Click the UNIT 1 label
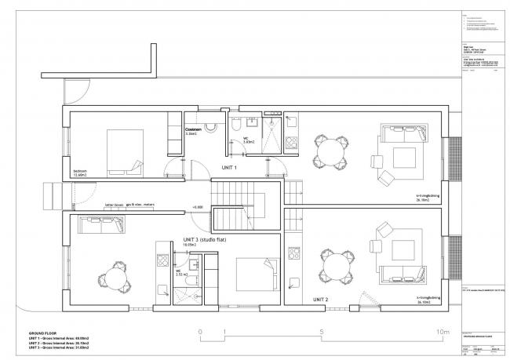229,168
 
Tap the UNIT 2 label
320,300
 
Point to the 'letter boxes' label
115,205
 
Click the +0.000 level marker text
197,208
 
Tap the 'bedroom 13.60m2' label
81,173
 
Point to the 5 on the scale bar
322,333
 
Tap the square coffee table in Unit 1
405,155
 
